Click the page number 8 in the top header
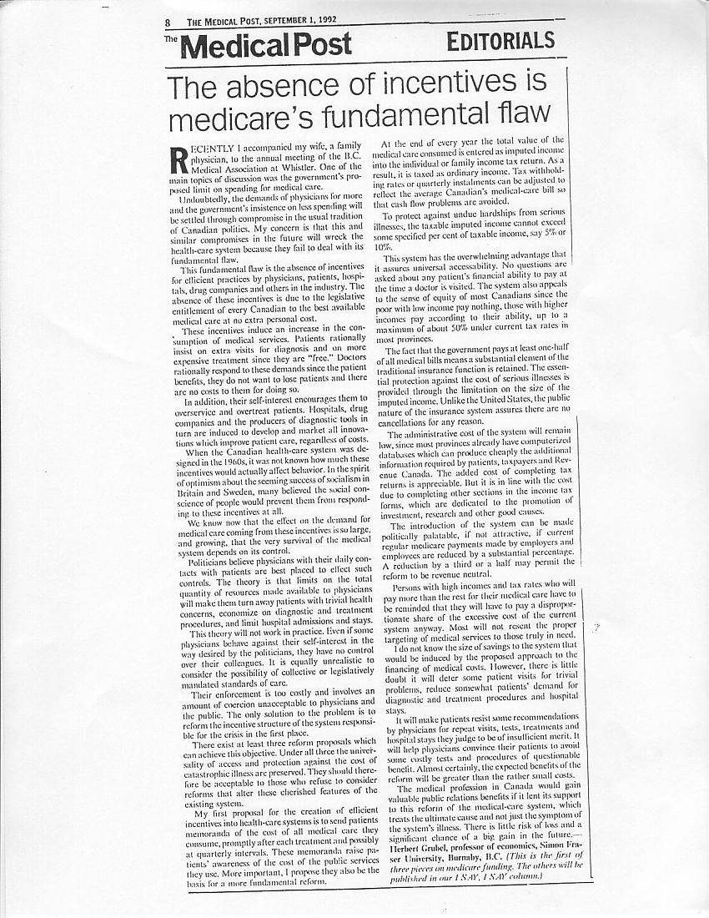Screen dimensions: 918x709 pos(168,23)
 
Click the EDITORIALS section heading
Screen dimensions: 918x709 pos(500,40)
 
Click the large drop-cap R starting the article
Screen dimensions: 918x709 pos(177,155)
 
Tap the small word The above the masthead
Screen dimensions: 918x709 pos(170,38)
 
